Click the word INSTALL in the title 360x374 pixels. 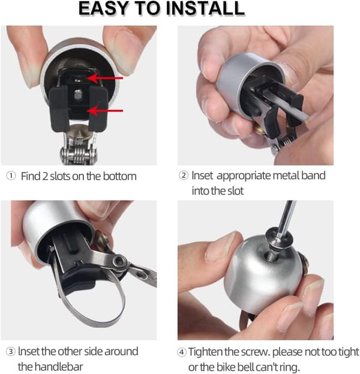click(x=205, y=8)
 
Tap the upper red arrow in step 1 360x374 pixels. click(x=105, y=78)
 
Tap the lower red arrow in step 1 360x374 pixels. click(x=105, y=110)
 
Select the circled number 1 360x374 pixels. click(x=11, y=176)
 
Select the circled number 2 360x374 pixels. click(x=184, y=175)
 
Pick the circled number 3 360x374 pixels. click(x=11, y=352)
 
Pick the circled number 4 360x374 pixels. click(x=182, y=352)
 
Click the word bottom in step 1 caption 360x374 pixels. click(x=119, y=176)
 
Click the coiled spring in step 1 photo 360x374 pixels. click(x=78, y=155)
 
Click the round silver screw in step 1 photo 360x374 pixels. click(x=77, y=95)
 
